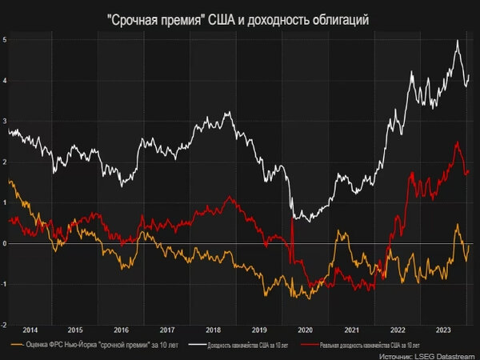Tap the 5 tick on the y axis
[5, 39]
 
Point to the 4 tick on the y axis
[5, 80]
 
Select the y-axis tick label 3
[5, 121]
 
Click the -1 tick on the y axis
[5, 284]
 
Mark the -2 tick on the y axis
[5, 325]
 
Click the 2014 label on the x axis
[30, 330]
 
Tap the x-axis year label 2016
[121, 330]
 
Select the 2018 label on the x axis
[213, 330]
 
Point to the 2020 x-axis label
[305, 330]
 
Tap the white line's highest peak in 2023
[457, 41]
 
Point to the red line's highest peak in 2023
[456, 142]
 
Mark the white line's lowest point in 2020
[298, 220]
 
